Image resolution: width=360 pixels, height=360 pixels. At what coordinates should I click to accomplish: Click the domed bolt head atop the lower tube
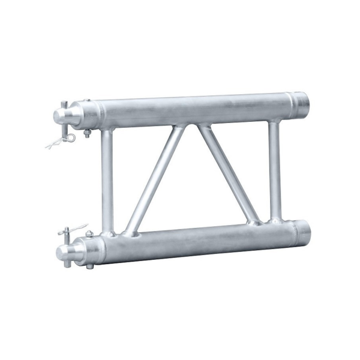click(x=89, y=233)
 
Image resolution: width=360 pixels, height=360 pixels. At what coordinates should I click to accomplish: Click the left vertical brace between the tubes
click(x=107, y=180)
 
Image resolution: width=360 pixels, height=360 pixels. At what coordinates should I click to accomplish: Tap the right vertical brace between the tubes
click(x=274, y=171)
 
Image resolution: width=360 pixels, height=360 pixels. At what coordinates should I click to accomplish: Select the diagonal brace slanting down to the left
click(x=154, y=180)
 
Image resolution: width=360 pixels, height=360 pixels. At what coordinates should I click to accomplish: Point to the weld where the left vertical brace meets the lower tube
click(x=108, y=232)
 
